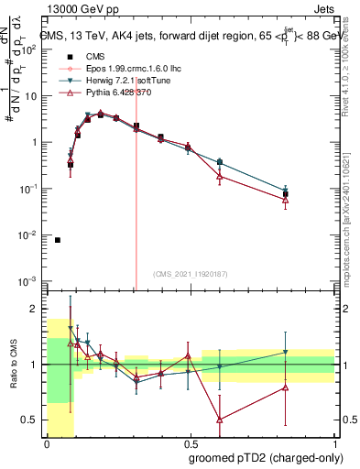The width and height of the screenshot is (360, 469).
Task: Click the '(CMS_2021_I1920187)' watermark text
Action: point(190,273)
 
